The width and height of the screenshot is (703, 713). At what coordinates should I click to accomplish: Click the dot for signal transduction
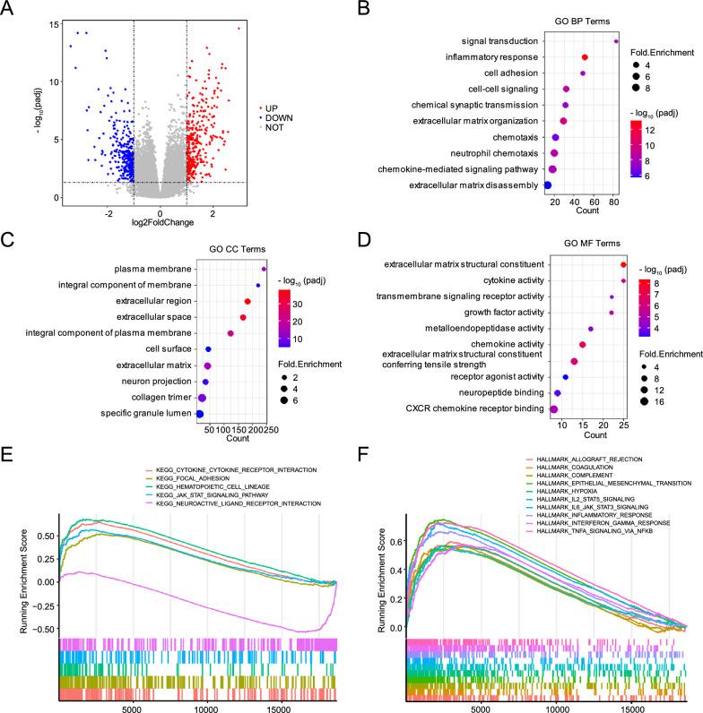click(616, 41)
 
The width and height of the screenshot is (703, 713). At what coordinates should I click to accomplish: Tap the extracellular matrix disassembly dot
click(548, 185)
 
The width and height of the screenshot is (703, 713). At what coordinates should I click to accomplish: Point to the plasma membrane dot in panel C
click(265, 269)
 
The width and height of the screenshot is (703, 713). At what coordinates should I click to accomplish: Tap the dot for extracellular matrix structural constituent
click(623, 265)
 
